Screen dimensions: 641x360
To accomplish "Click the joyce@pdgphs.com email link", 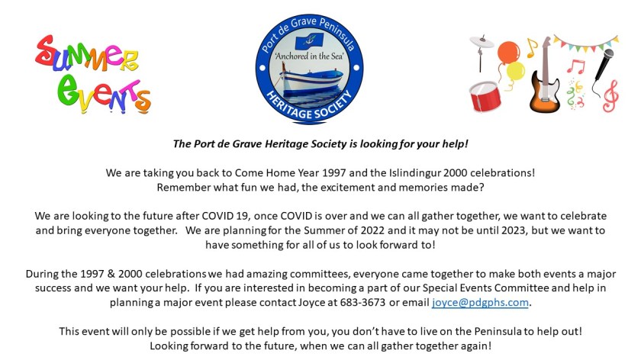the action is pos(480,303).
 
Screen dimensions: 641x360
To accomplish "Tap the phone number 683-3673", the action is pos(362,302).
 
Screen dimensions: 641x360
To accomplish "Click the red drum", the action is pos(485,96).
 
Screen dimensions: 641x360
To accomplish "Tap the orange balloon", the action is pos(508,52).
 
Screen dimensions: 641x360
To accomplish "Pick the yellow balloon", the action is pos(515,71).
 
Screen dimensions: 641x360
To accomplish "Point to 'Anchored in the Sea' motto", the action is pos(309,56).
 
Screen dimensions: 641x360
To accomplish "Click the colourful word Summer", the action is pos(86,53).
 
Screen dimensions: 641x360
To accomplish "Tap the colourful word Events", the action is pos(105,94).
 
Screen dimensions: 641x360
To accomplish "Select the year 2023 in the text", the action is pos(512,230).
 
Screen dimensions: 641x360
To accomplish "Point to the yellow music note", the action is pos(531,48).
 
